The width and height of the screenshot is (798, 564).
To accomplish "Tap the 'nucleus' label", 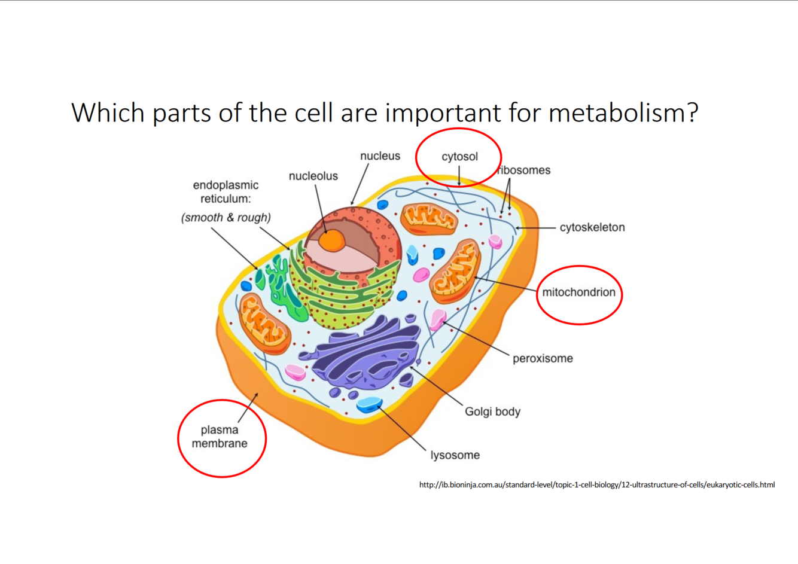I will click(x=380, y=156).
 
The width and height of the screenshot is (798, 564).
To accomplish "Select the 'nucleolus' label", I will click(x=313, y=176).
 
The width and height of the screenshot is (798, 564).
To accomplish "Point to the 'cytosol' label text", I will click(x=459, y=157).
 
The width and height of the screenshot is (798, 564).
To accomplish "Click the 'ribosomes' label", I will click(x=524, y=170).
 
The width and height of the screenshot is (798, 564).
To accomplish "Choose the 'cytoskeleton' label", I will click(x=592, y=227).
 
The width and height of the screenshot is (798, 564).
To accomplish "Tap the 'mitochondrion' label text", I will click(x=578, y=292).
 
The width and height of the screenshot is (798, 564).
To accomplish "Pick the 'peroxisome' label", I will click(x=543, y=358).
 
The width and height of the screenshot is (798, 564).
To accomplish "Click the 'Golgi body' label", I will click(x=492, y=411).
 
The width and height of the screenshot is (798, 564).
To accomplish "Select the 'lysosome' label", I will click(x=455, y=455).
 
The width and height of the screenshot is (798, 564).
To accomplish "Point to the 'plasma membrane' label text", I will click(x=220, y=437).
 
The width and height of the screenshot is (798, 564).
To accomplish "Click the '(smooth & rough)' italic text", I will click(x=226, y=218).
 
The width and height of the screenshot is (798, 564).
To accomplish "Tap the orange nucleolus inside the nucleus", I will click(x=331, y=241).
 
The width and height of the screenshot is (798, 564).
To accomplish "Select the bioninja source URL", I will click(x=596, y=484).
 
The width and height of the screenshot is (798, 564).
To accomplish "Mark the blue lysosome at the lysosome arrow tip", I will click(x=369, y=404).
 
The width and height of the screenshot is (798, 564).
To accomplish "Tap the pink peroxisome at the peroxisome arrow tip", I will click(x=438, y=319).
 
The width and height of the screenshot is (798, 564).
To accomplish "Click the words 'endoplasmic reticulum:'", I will click(x=226, y=192).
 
